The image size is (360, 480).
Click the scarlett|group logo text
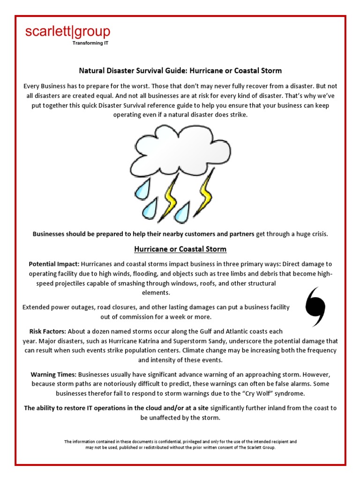pyautogui.click(x=67, y=32)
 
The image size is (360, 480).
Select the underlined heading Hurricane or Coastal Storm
pyautogui.click(x=180, y=249)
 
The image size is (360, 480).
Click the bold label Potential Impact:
pyautogui.click(x=53, y=264)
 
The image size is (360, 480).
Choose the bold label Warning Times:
pyautogui.click(x=53, y=375)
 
